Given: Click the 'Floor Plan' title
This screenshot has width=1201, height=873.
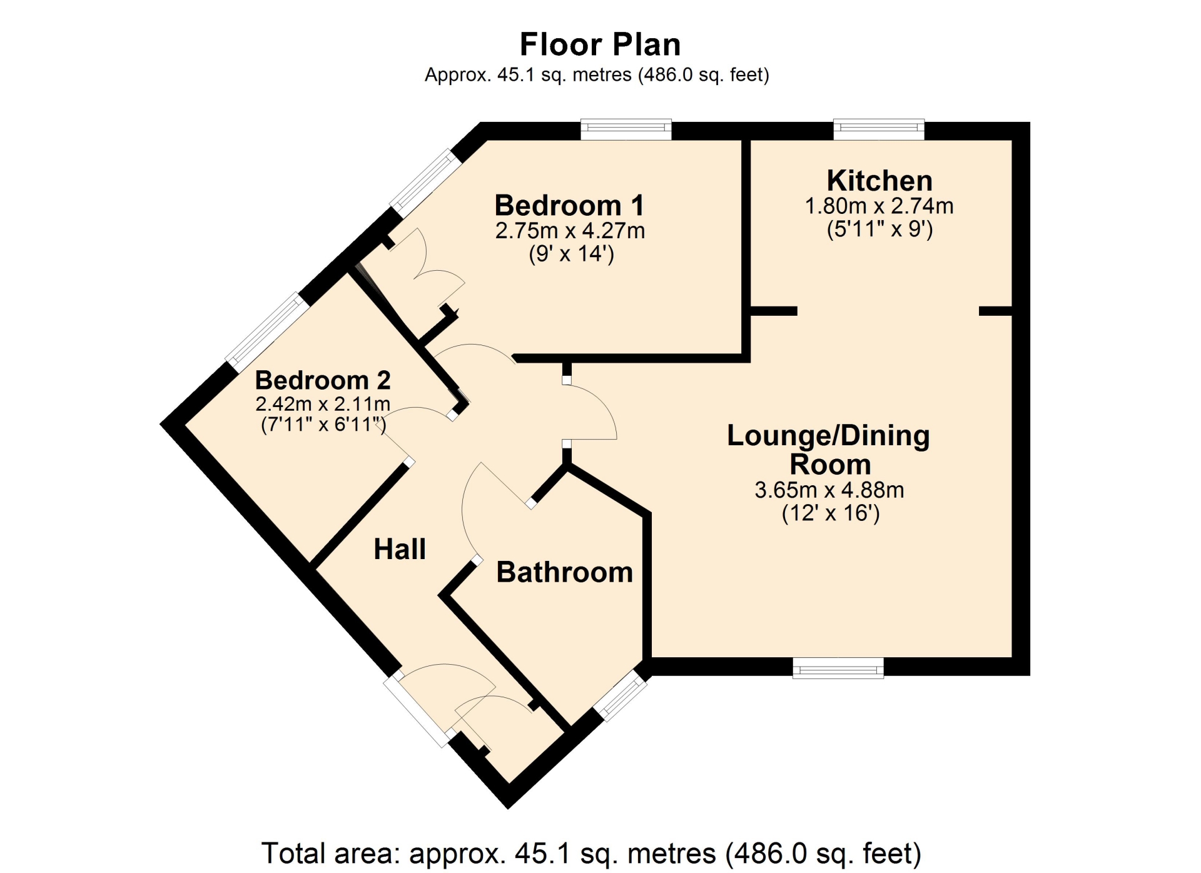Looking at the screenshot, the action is coord(600,44).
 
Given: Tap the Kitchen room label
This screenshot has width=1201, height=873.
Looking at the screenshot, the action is coord(879,181).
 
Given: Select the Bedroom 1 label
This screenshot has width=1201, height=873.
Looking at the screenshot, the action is coord(569,205).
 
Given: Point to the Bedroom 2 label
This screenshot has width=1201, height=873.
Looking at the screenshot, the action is coord(323,380).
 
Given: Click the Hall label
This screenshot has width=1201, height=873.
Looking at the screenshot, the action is coord(400,549).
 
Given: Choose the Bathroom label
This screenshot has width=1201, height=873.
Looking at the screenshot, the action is coord(564,572).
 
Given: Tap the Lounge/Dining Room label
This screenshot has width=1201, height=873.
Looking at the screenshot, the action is coord(829,450).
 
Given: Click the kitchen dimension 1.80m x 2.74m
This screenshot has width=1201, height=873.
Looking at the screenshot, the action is coord(879,206).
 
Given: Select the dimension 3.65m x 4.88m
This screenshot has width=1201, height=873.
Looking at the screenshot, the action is coord(829,490).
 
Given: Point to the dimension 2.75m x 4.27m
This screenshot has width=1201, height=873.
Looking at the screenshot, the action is coord(570,231).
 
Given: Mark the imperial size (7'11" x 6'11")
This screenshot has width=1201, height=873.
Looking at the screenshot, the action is coord(323,425).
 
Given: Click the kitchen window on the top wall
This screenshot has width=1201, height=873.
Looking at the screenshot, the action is coord(879,129).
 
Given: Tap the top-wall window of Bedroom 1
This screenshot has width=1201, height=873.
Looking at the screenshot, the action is coord(626,129).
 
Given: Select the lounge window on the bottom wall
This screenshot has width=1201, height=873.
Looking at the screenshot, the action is coord(838,667).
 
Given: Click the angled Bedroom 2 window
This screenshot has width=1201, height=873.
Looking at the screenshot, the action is coord(268,332).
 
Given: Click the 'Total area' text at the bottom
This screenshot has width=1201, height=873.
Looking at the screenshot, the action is coord(591,853).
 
